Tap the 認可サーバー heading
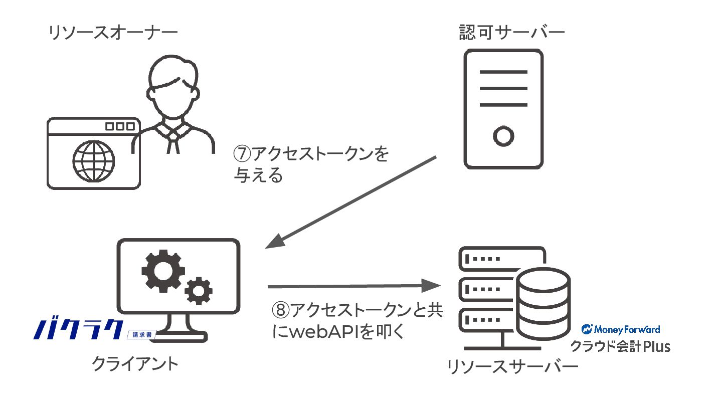pos(512,33)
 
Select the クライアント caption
pos(135,364)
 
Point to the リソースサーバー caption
pos(512,367)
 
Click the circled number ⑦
pos(242,154)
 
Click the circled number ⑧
pos(281,310)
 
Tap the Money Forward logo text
pos(621,329)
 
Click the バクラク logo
pos(78,329)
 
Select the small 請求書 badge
pos(142,335)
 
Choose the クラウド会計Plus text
pos(621,346)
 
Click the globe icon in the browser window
pos(93,161)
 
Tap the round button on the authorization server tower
pos(503,136)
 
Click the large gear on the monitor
pos(163,271)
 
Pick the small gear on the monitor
pos(199,291)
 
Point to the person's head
pos(173,87)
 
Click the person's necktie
pos(173,142)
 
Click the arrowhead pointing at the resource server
pos(431,286)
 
